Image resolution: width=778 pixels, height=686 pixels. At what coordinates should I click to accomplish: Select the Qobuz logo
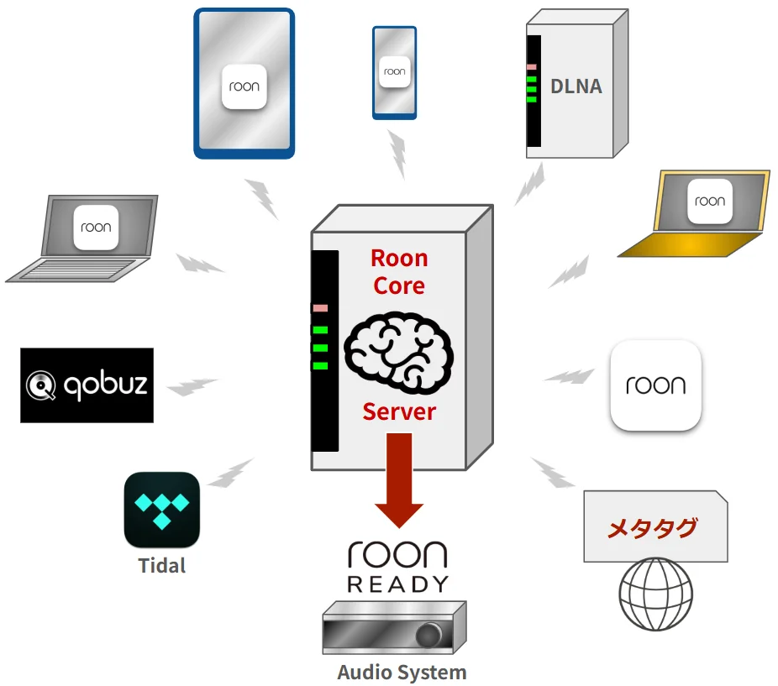point(87,385)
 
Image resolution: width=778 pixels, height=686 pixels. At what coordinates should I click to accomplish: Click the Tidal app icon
point(162,510)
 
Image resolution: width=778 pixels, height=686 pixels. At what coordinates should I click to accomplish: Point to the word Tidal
point(162,565)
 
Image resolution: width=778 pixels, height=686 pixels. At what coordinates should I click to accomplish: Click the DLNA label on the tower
point(576,86)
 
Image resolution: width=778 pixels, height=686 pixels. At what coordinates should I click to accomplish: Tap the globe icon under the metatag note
point(655,595)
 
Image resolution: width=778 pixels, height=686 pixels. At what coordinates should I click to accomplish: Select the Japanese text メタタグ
point(652,529)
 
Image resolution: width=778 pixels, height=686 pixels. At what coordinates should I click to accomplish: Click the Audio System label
point(402,673)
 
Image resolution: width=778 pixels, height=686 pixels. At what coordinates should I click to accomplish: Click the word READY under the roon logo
point(398,584)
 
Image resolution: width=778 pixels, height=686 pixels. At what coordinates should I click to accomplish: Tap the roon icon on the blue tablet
point(244,86)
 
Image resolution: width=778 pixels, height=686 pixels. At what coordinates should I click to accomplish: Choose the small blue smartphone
point(395,72)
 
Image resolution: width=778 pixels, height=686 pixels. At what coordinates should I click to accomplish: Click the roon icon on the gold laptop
point(710,201)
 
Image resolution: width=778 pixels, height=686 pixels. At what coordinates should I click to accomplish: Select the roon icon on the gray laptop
point(96,227)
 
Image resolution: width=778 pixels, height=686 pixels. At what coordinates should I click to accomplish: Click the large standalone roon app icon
point(655,385)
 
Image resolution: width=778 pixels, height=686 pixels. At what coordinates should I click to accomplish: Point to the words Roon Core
point(399,271)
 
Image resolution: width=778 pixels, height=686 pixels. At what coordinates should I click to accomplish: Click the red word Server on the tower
point(399,412)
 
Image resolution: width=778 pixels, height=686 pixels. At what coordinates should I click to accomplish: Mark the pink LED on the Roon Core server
point(320,308)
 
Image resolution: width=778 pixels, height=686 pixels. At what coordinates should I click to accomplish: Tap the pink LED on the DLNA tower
point(532,65)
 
